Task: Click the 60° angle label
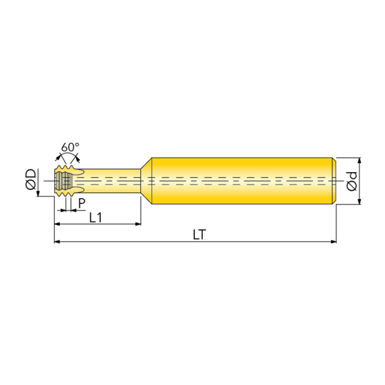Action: coord(70,147)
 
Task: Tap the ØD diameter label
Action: coord(31,180)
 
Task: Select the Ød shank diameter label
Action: coord(351,181)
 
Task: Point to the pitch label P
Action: coord(82,203)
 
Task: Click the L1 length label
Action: coord(95,217)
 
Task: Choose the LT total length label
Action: coord(199,235)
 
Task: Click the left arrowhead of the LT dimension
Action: coord(57,242)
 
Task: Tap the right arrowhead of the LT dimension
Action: coord(333,242)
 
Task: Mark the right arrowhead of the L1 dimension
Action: coord(138,224)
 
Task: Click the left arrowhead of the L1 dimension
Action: coord(57,224)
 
